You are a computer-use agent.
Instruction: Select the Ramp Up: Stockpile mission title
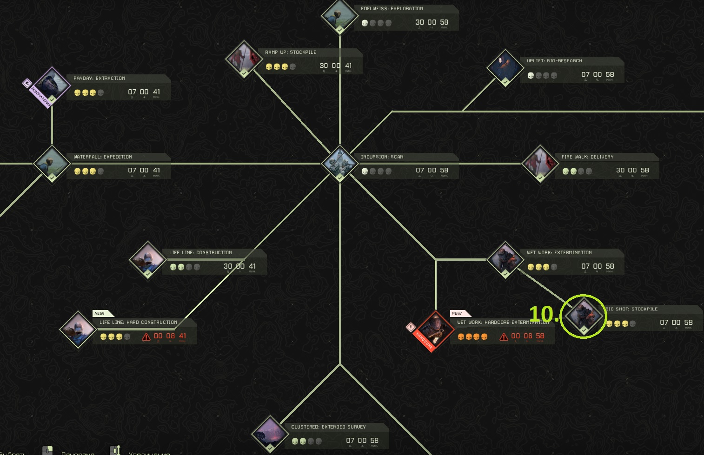point(291,53)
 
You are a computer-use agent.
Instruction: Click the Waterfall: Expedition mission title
point(103,157)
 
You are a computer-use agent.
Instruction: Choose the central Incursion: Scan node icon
point(340,164)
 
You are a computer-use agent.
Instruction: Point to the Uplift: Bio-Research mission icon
point(505,67)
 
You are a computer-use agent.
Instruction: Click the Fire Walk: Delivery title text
point(587,157)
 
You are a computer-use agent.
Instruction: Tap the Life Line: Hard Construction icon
point(78,330)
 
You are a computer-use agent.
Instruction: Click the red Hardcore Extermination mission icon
point(434,330)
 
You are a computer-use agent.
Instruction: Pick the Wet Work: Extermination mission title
point(559,253)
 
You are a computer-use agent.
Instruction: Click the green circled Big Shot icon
point(583,316)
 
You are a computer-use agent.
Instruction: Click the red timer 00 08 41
point(170,336)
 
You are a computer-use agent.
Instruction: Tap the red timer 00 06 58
point(527,336)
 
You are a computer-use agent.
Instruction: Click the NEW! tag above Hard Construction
point(100,313)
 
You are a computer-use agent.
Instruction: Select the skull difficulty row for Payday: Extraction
point(89,92)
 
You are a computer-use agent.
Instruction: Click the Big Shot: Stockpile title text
point(631,309)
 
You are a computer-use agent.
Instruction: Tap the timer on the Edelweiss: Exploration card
point(432,22)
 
